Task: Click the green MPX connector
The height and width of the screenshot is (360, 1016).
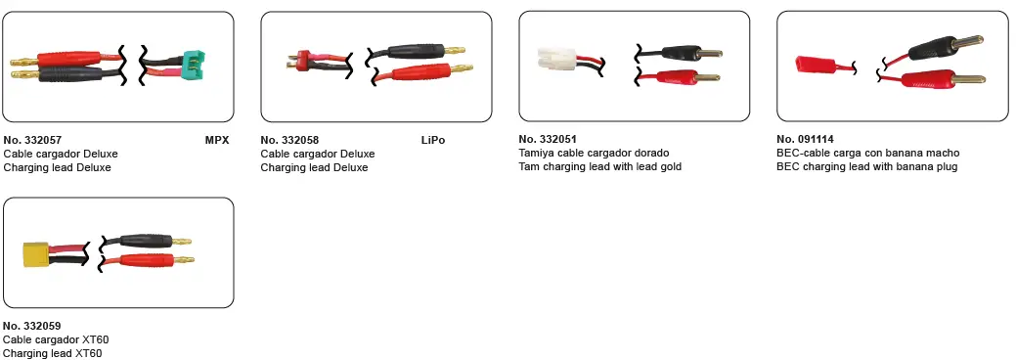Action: (195, 62)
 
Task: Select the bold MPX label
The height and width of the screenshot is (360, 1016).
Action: (217, 140)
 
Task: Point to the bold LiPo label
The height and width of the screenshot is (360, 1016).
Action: (433, 140)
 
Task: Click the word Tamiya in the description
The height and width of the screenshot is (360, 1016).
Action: (535, 154)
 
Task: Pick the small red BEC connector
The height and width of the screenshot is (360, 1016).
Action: (815, 65)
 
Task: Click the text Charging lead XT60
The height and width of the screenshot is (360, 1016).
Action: (53, 353)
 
